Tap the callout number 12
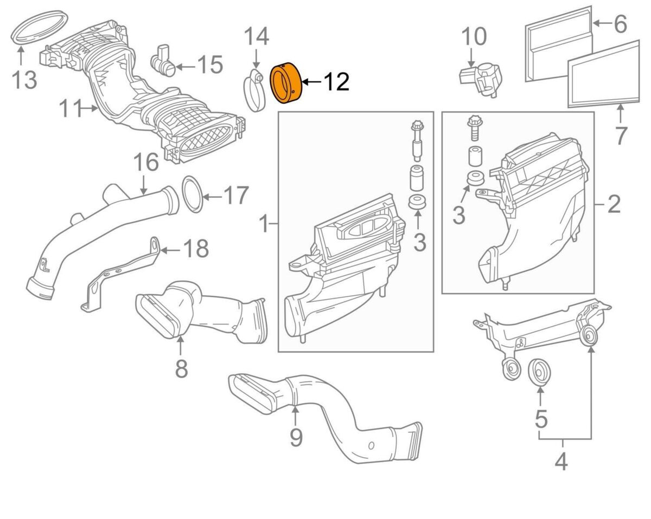[336, 82]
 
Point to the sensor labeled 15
[163, 61]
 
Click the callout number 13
[25, 80]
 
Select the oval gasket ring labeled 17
[190, 194]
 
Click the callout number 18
[196, 249]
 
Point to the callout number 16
[145, 163]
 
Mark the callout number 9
[295, 437]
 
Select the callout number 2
[613, 204]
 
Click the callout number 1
[264, 223]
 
